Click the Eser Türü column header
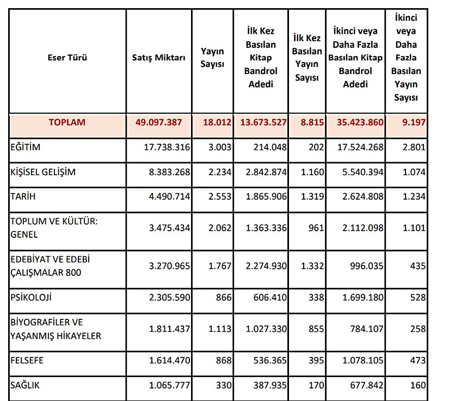(x=67, y=57)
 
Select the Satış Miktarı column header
(x=159, y=57)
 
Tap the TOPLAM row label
(x=67, y=122)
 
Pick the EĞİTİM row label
(x=26, y=147)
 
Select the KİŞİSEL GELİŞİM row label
(x=43, y=172)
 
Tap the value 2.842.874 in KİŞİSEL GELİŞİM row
(x=262, y=172)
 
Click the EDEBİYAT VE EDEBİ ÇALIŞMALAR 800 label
(x=50, y=267)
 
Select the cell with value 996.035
(x=364, y=267)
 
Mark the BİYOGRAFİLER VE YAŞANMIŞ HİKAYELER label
(x=56, y=329)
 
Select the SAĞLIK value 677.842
(x=364, y=385)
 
